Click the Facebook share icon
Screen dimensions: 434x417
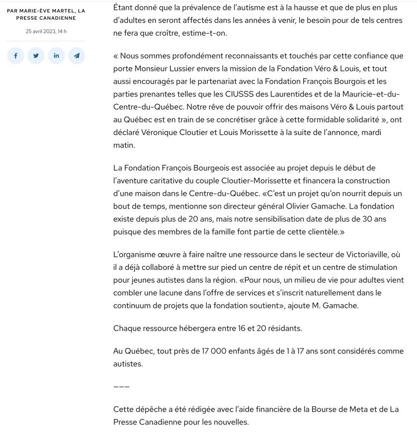[x=15, y=56]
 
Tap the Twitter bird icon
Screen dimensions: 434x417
[x=36, y=56]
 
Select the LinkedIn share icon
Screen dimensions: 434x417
[x=56, y=56]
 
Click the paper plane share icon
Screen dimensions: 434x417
[x=76, y=56]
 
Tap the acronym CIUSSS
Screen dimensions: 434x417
[x=239, y=94]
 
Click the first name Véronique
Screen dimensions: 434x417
[x=160, y=132]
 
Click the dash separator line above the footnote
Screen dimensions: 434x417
[x=122, y=387]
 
